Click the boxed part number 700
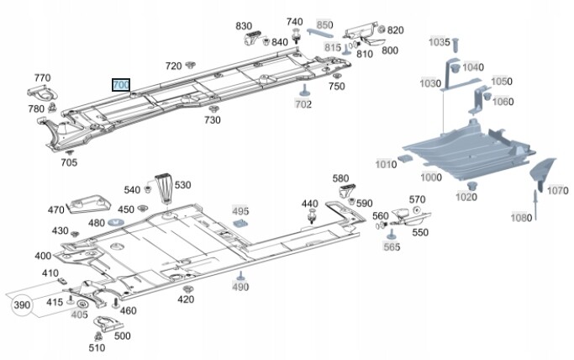[x=121, y=85]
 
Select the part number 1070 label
[x=558, y=191]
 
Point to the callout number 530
[x=182, y=185]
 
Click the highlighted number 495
[x=240, y=211]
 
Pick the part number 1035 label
[x=440, y=41]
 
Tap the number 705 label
[x=69, y=162]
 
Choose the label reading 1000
[x=431, y=177]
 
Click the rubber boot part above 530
[x=163, y=187]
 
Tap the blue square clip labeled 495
[x=242, y=225]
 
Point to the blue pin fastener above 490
[x=240, y=276]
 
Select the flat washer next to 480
[x=115, y=222]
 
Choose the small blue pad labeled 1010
[x=406, y=157]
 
